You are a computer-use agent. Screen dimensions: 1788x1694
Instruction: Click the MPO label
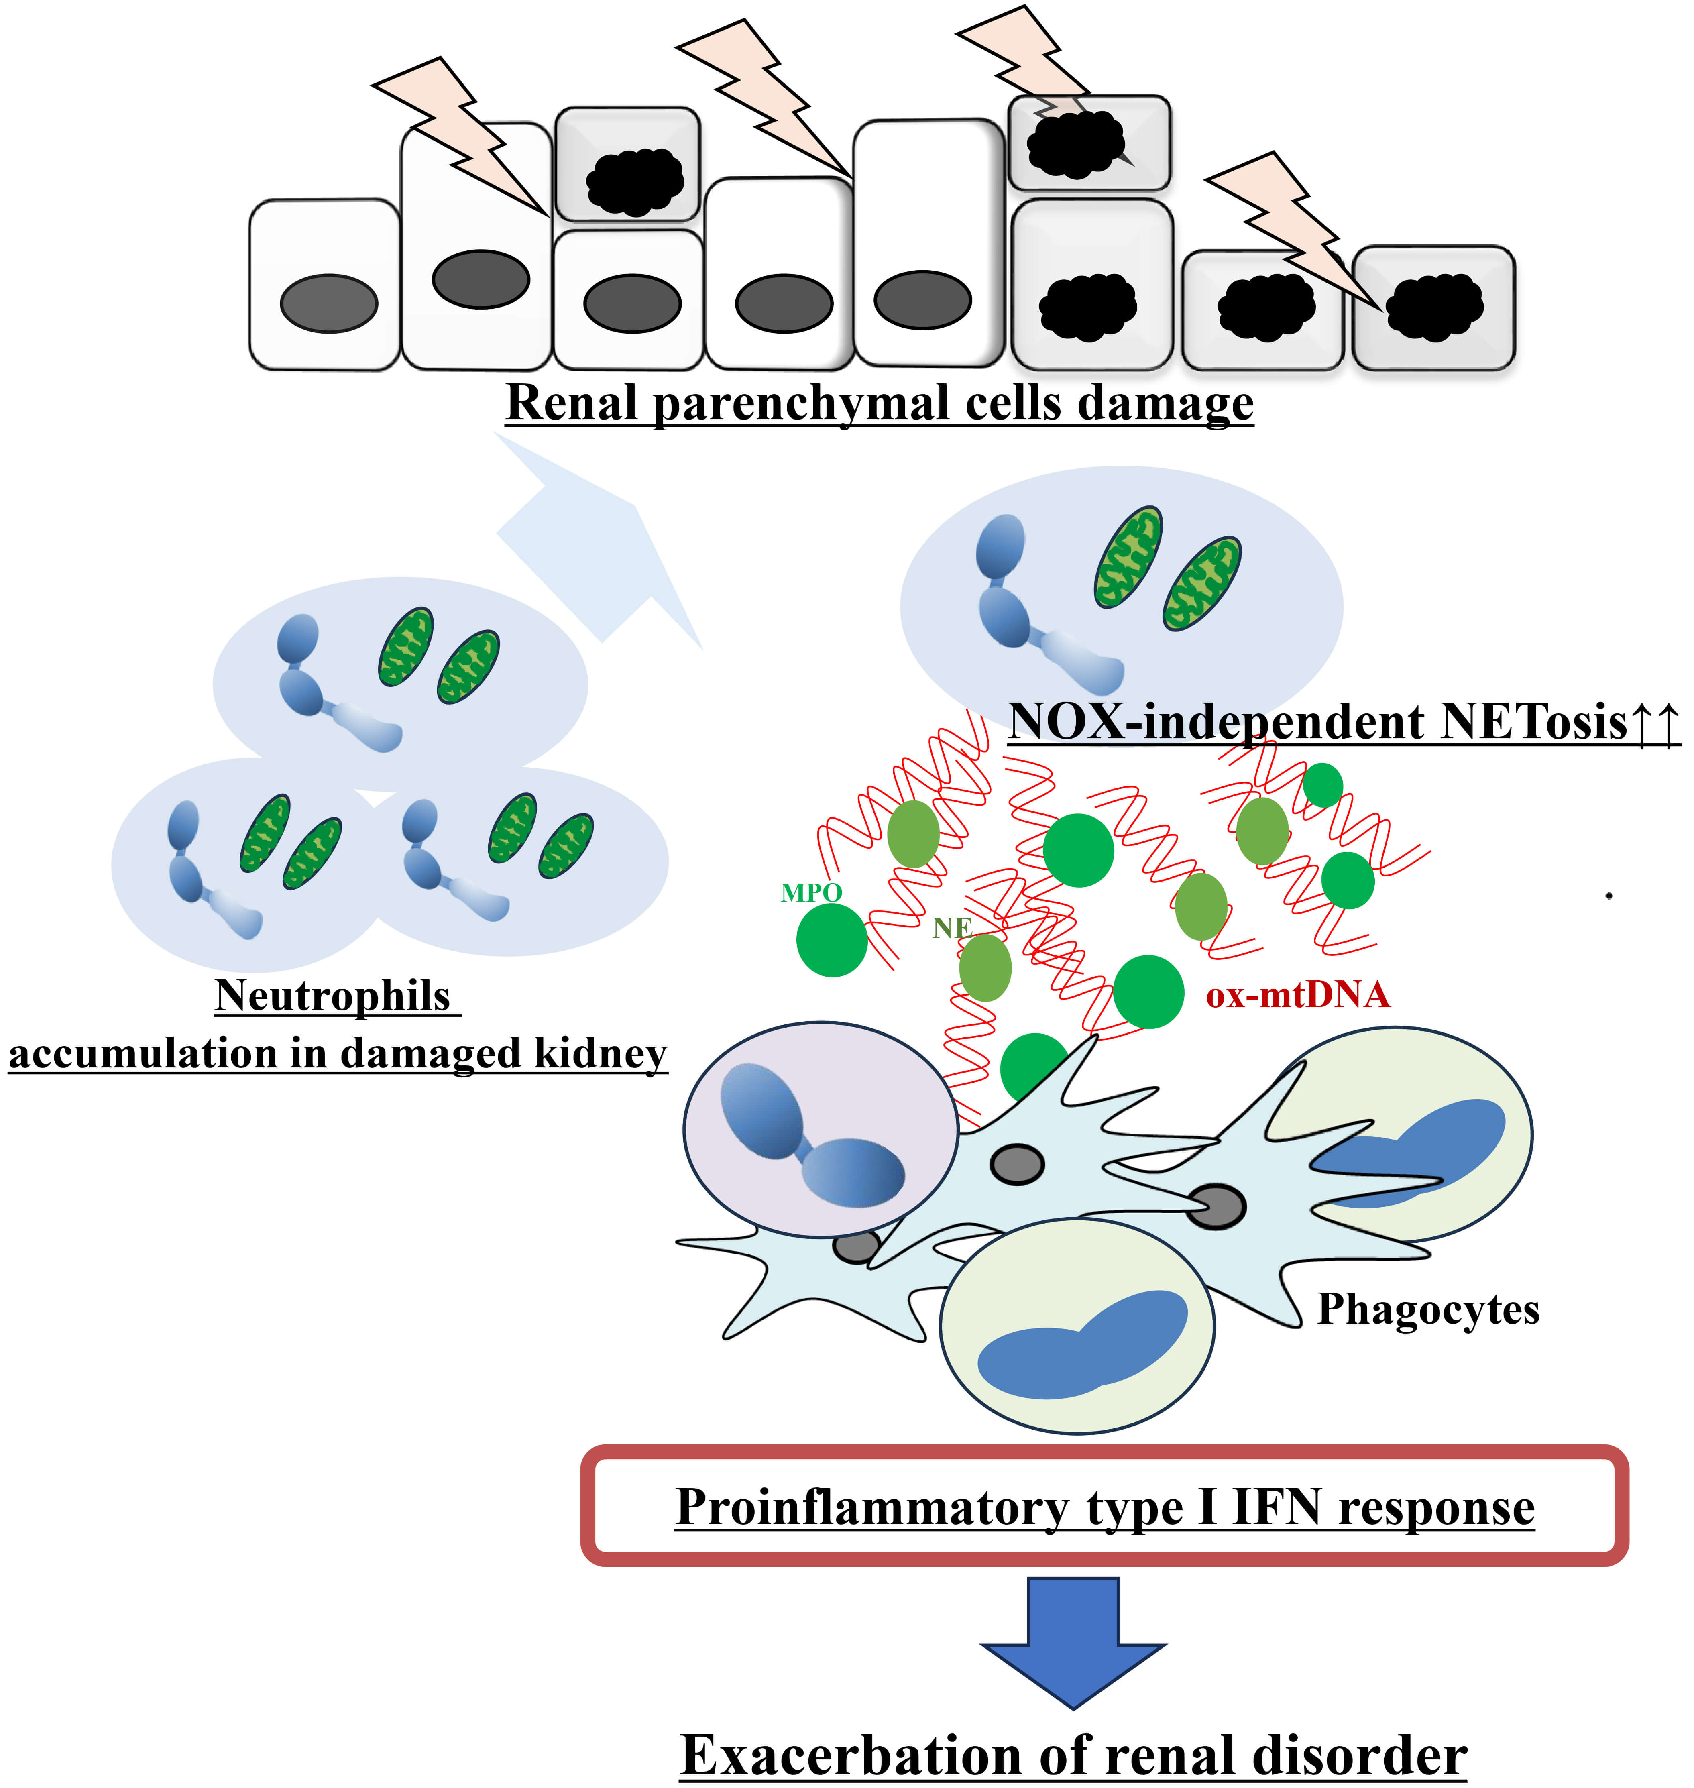[x=811, y=893]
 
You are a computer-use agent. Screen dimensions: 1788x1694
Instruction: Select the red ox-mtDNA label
[x=1297, y=995]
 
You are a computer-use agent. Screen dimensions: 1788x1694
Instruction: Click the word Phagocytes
[x=1427, y=1309]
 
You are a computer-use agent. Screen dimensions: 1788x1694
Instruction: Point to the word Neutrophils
[x=332, y=996]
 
